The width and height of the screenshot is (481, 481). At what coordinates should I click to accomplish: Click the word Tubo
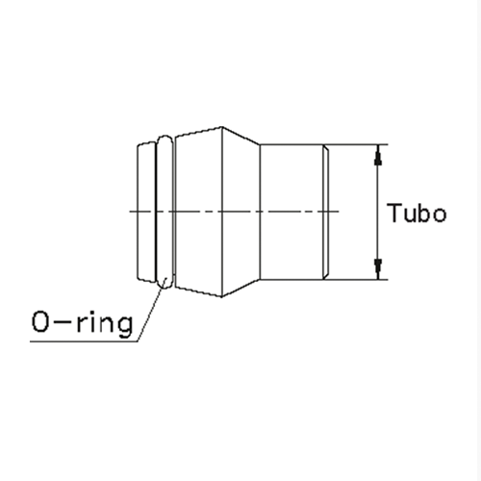point(416,213)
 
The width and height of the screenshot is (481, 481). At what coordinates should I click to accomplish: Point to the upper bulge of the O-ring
point(167,140)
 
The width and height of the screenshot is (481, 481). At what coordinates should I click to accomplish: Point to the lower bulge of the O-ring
point(165,282)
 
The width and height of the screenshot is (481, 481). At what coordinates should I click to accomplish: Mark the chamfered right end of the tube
point(329,212)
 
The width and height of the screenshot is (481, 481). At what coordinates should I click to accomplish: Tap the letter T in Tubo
point(393,213)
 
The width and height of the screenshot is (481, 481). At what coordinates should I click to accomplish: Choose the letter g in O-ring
point(121,324)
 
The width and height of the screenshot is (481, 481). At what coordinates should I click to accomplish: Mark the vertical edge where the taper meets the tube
point(261,212)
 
